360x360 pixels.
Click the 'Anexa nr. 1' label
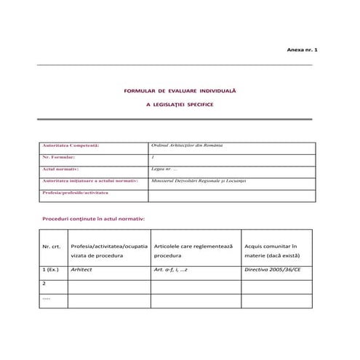tap(303, 50)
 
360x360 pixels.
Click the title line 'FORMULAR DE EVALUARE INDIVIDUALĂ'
tap(180, 91)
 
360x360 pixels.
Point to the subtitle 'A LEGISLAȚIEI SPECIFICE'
tap(180, 105)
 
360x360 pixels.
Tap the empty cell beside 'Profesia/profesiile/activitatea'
tap(231, 195)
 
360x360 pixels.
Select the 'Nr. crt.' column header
tap(52, 247)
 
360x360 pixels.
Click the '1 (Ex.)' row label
tap(54, 270)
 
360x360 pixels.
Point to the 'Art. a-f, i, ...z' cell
tap(172, 270)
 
